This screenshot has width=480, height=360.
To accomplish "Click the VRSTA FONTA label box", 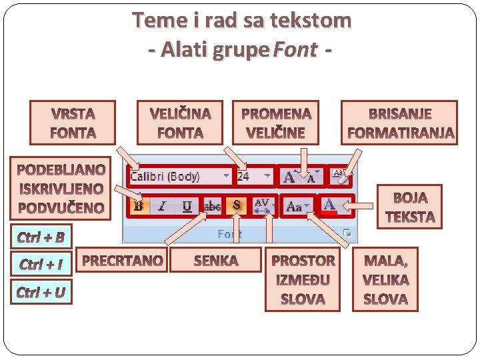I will tap(72, 123).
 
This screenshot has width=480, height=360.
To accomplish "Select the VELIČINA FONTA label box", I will tap(180, 123).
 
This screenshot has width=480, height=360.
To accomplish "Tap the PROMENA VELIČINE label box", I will tap(275, 123).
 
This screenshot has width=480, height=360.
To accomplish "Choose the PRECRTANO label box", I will tap(122, 260).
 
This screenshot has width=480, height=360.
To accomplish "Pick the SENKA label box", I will tap(215, 260).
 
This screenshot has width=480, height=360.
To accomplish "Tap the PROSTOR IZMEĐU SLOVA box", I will tap(303, 279).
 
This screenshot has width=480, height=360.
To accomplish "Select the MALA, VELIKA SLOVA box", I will tap(386, 279).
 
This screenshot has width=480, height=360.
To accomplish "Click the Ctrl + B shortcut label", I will tap(41, 237).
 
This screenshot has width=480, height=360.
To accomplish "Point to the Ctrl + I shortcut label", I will tap(41, 265).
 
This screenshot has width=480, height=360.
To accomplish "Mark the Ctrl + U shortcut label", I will tap(41, 292).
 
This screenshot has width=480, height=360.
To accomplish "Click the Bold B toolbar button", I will tap(139, 206).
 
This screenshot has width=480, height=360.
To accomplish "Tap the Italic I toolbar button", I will tap(162, 206).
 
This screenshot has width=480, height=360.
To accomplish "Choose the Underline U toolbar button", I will tap(187, 206).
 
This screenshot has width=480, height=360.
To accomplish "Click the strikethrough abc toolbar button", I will tap(212, 206).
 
